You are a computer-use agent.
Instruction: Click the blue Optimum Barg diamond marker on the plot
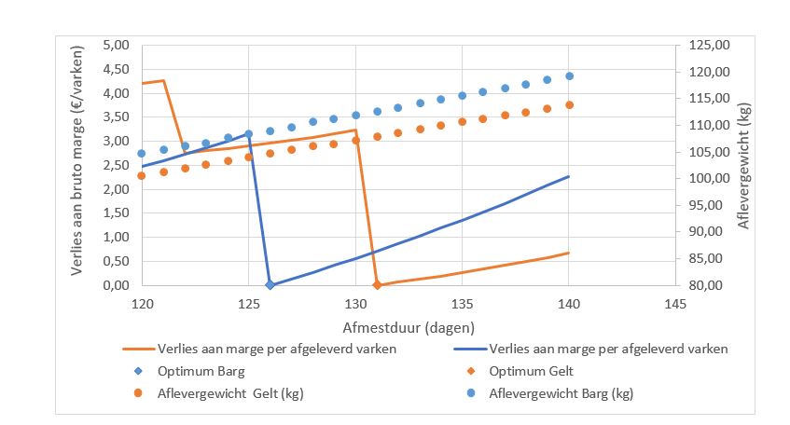tap(270, 285)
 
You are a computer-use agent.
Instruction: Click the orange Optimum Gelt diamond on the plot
tap(377, 285)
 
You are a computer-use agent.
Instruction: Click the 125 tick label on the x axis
tap(248, 303)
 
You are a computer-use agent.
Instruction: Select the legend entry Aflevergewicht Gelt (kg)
tap(230, 393)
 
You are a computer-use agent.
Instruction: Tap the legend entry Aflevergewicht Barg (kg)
tap(561, 393)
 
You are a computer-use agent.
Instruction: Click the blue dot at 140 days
tap(569, 76)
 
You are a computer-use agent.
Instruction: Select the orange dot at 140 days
tap(569, 105)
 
